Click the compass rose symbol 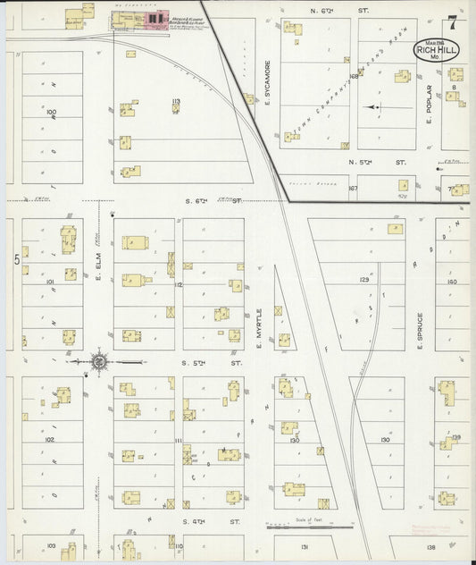tap(98, 361)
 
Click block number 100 tap(51, 113)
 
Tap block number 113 tap(176, 101)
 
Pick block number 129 tap(363, 280)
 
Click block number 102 tap(50, 440)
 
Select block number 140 tap(452, 281)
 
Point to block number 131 tap(305, 545)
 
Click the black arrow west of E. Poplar tap(373, 106)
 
